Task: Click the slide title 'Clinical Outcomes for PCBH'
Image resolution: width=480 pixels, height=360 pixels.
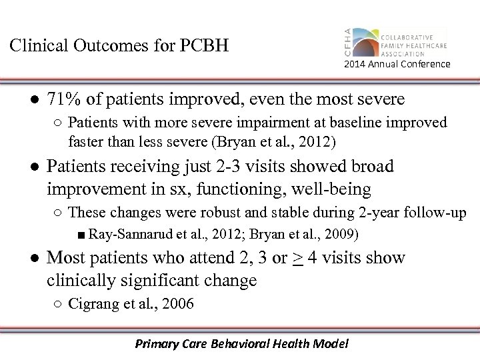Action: [119, 47]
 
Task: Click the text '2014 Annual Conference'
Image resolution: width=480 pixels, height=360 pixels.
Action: [397, 64]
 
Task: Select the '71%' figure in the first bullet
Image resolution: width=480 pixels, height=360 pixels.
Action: [65, 100]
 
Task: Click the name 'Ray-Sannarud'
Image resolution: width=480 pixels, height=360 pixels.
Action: [124, 234]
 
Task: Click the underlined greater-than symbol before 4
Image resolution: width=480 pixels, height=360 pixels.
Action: [297, 258]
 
